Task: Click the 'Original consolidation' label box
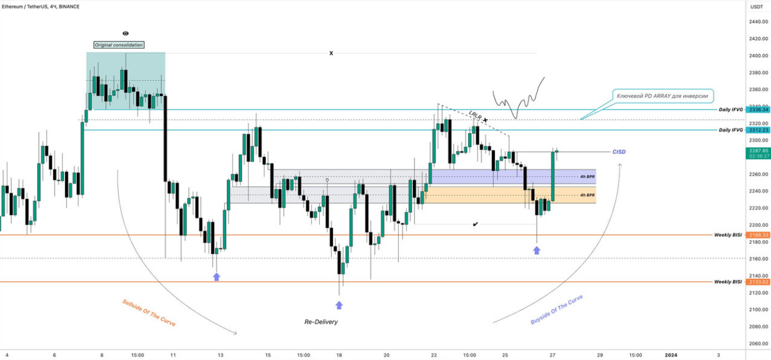pyautogui.click(x=119, y=45)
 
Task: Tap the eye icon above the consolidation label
pyautogui.click(x=126, y=34)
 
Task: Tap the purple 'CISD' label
pyautogui.click(x=619, y=152)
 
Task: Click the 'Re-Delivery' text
pyautogui.click(x=321, y=322)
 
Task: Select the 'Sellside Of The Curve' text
pyautogui.click(x=148, y=312)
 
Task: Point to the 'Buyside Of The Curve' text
pyautogui.click(x=556, y=309)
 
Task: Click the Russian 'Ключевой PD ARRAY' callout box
pyautogui.click(x=664, y=96)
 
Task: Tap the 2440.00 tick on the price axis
pyautogui.click(x=756, y=22)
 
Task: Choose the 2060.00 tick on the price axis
pyautogui.click(x=756, y=344)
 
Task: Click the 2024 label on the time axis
pyautogui.click(x=670, y=354)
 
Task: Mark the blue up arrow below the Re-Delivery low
pyautogui.click(x=339, y=305)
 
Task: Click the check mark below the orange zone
pyautogui.click(x=476, y=224)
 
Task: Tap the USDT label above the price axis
pyautogui.click(x=756, y=6)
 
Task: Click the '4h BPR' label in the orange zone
pyautogui.click(x=587, y=195)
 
